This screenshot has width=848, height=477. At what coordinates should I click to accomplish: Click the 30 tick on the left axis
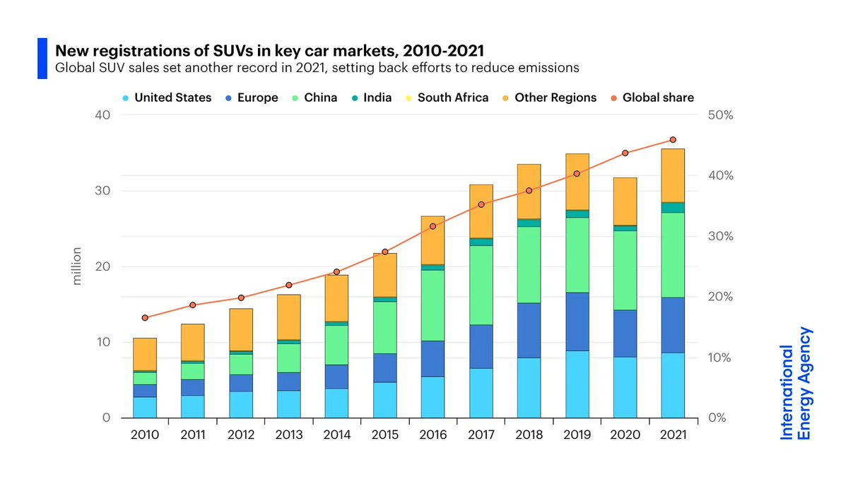[x=104, y=191]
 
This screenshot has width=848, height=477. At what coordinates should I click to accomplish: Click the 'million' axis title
[x=78, y=266]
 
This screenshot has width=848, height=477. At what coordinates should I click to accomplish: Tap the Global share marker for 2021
[x=673, y=140]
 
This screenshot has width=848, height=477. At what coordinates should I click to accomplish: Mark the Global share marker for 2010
[x=145, y=318]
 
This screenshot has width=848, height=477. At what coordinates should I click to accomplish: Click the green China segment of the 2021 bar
[x=673, y=254]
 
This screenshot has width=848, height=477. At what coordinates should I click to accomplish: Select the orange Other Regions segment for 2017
[x=481, y=211]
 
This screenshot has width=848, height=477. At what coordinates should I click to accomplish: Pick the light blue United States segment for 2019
[x=577, y=384]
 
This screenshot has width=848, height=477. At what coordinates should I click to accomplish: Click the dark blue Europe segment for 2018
[x=529, y=330]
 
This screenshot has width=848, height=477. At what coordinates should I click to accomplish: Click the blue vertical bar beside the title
[x=41, y=59]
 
